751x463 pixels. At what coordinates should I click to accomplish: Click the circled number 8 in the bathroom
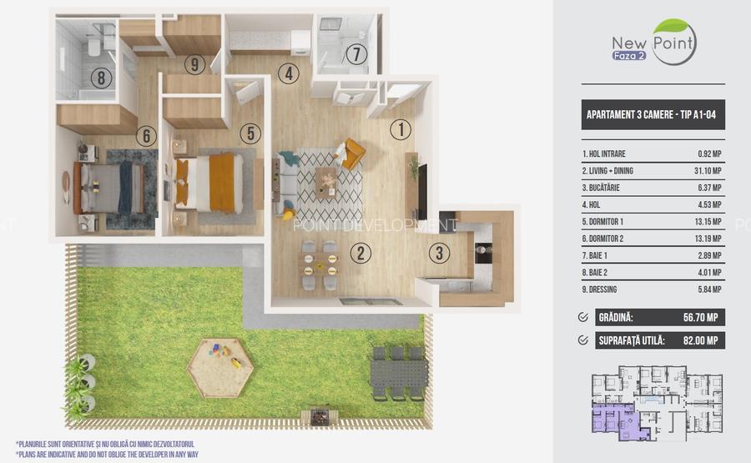coord(101,78)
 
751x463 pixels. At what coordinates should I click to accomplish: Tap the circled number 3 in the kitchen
coord(439,253)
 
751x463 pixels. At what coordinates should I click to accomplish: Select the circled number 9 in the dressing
coord(194,64)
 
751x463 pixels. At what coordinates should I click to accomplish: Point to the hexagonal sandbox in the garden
coord(219,368)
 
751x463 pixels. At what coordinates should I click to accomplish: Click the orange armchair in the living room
coord(352,153)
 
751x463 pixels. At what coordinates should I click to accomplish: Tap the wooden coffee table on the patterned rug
coord(325,183)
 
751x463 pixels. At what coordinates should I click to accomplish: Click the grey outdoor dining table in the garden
coord(399,374)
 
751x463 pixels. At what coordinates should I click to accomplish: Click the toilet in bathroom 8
coord(94,47)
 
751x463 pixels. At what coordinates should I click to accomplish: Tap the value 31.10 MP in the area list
coord(708,171)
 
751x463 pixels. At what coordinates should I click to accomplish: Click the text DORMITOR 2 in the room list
coord(606,239)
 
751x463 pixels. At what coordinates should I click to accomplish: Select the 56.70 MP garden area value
coord(700,318)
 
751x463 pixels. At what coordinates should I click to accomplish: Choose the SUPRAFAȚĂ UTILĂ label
coord(632,340)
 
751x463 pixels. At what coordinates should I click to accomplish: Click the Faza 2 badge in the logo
coord(629,56)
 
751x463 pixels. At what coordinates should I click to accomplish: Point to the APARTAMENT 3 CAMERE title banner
coord(653,114)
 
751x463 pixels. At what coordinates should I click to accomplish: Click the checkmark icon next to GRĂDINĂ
coord(583,317)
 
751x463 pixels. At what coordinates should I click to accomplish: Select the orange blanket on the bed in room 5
coord(222,183)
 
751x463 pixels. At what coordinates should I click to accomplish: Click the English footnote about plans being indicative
coord(108,455)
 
